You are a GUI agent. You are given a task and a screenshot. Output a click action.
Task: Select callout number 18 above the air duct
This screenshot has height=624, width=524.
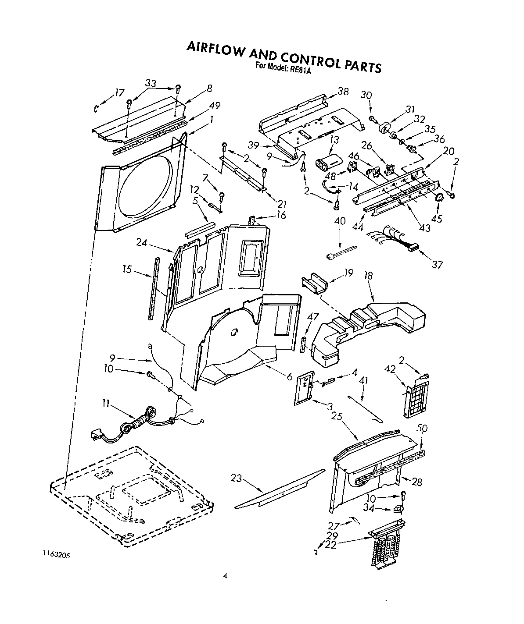[x=368, y=275]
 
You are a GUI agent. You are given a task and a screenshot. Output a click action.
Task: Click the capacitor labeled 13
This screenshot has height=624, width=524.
[x=330, y=159]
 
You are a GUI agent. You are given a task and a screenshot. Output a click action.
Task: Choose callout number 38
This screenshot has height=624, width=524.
[x=343, y=91]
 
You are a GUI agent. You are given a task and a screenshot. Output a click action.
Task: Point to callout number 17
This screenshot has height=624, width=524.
[x=119, y=92]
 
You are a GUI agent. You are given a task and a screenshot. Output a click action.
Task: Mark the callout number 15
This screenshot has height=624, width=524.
[x=127, y=269]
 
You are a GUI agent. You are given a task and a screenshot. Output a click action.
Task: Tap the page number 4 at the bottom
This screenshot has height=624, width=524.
[x=225, y=576]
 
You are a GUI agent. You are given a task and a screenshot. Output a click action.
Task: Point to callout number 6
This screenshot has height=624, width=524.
[x=289, y=376]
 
